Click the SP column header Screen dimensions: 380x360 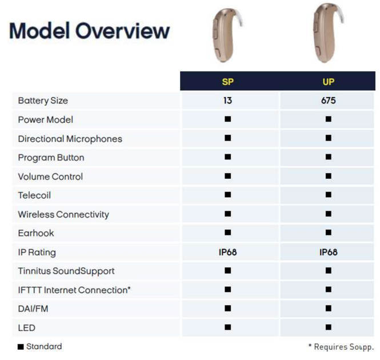coord(227,82)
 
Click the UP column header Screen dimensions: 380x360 coord(329,82)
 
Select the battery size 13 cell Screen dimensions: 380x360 coord(227,101)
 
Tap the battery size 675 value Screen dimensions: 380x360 coord(329,101)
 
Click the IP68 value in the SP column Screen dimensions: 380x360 coord(227,252)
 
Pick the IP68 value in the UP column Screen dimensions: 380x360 coord(329,252)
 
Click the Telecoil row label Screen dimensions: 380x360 coord(34,195)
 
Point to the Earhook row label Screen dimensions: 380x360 coord(36,233)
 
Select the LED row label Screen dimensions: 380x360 coord(27,328)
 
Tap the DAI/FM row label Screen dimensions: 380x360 coord(33,309)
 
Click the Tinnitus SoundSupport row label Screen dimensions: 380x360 coord(66,271)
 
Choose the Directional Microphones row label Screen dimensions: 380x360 coord(70,139)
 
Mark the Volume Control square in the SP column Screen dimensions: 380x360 coord(227,176)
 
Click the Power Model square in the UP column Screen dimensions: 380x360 coord(329,119)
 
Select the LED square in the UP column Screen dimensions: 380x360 coord(329,327)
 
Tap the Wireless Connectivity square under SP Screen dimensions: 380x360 coord(227,214)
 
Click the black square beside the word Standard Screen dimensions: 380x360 coord(21,347)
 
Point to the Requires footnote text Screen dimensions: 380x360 coord(341,347)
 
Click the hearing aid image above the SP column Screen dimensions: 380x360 coord(227,35)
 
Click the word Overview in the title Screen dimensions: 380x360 coord(122,31)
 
